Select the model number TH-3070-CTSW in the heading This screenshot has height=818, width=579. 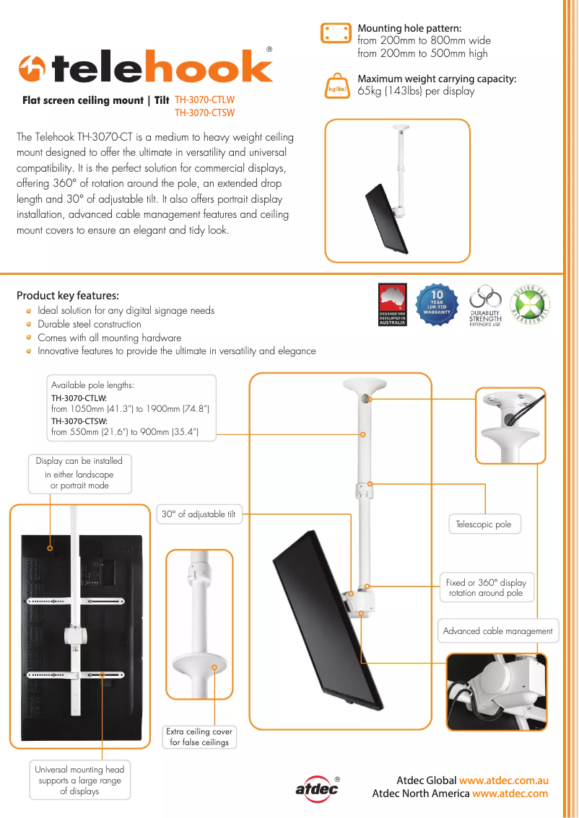(204, 113)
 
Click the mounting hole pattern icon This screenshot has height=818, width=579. (334, 33)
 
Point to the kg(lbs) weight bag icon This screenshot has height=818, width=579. (337, 87)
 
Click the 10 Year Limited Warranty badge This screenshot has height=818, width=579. (437, 304)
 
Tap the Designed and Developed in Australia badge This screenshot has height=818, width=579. (393, 305)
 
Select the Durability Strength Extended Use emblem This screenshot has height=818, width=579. (484, 306)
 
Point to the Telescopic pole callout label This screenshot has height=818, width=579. (483, 524)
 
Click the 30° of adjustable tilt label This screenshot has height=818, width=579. (199, 514)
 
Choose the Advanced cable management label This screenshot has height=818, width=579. (497, 630)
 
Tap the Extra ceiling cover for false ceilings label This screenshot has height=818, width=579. (199, 736)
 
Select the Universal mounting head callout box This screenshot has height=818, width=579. (79, 780)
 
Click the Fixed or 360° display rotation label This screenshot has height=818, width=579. (486, 587)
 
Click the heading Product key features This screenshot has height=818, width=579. (68, 296)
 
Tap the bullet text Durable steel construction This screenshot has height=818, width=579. (90, 324)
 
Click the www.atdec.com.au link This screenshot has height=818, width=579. (504, 780)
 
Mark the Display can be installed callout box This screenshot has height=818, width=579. (79, 473)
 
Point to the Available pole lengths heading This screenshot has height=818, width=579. (92, 385)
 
